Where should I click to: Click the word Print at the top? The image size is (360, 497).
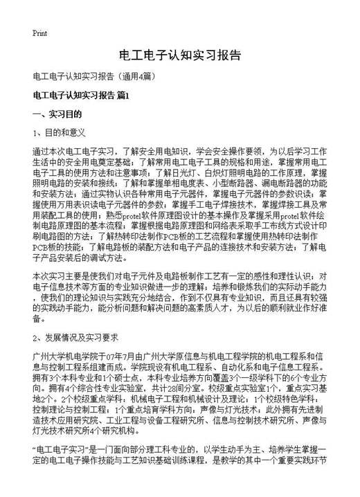tap(39, 32)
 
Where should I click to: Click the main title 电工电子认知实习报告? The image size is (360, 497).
tap(180, 55)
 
